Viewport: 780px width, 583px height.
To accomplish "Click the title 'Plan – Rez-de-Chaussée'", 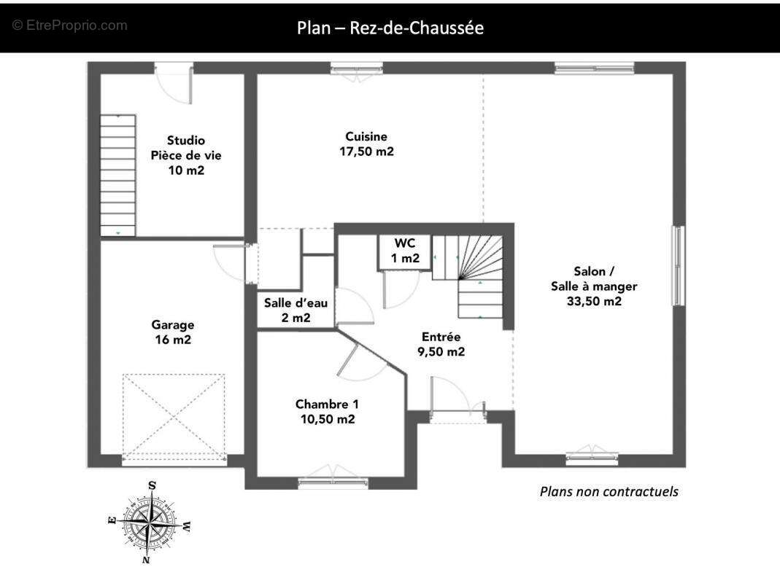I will click(390, 28).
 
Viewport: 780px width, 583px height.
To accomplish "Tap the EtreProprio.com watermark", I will click(70, 26).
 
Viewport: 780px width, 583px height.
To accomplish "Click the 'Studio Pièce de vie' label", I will click(186, 154).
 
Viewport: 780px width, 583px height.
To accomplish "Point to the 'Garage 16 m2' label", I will click(173, 332).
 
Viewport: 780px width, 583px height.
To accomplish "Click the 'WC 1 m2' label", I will click(404, 250).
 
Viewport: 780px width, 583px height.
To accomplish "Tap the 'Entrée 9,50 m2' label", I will click(441, 344).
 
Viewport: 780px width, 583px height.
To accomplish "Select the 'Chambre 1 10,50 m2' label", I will click(327, 411).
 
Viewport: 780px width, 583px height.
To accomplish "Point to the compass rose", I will click(150, 523).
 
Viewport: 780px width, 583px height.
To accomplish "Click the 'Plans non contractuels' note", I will click(609, 491).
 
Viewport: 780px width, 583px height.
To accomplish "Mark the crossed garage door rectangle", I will click(174, 415).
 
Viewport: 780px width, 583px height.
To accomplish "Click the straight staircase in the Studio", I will click(117, 175).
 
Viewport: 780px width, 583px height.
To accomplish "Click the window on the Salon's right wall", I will click(679, 265).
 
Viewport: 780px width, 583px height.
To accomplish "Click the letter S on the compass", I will click(152, 485).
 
